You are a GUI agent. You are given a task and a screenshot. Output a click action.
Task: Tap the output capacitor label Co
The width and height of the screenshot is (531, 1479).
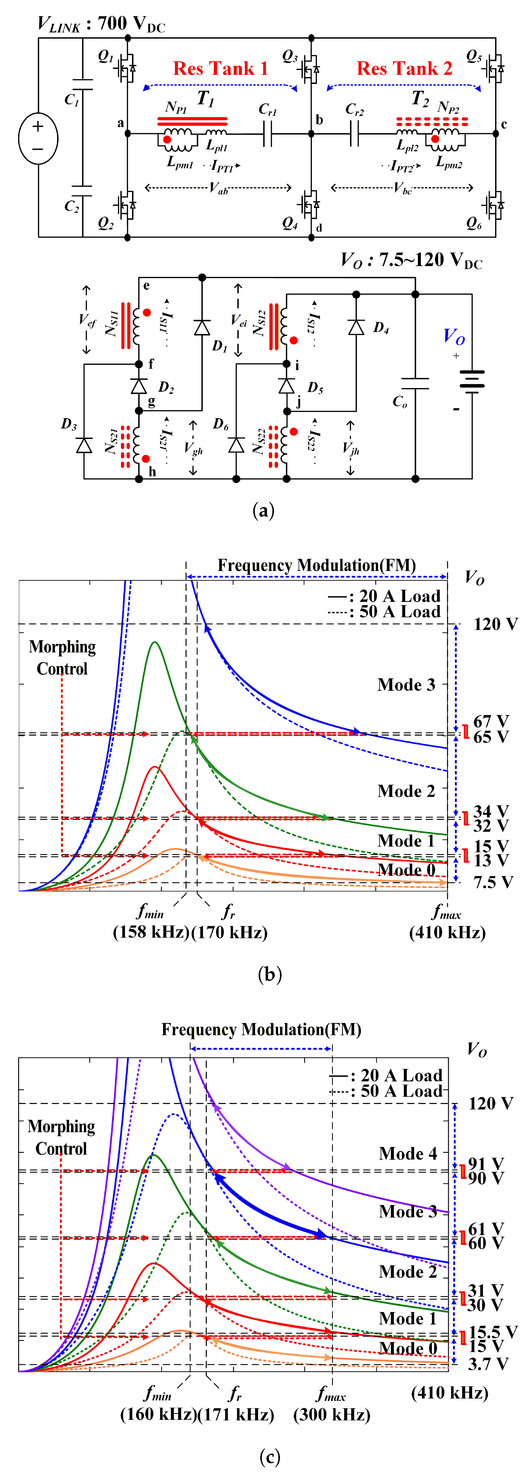(x=400, y=401)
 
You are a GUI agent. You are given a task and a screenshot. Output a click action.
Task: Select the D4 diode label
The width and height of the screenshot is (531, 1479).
(x=381, y=328)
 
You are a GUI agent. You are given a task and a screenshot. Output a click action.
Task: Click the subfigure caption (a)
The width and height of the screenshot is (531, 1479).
(x=263, y=510)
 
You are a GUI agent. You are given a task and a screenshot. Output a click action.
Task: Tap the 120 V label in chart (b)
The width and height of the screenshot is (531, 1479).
(x=495, y=624)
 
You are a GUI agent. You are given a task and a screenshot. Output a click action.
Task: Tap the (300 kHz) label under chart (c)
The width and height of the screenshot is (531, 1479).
(x=332, y=1414)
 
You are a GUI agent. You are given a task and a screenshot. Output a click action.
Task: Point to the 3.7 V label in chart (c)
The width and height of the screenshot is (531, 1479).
(x=488, y=1364)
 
